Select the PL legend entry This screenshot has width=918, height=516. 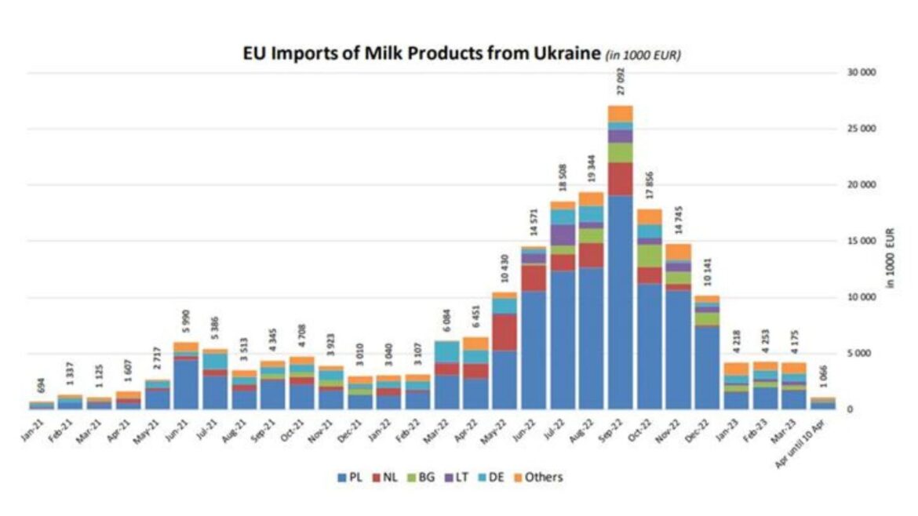click(350, 477)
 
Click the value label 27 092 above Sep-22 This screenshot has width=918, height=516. click(621, 81)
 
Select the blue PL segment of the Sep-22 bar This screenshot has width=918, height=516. click(621, 302)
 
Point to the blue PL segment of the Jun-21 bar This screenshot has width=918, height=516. click(186, 384)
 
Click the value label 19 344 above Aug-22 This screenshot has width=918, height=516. click(592, 169)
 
